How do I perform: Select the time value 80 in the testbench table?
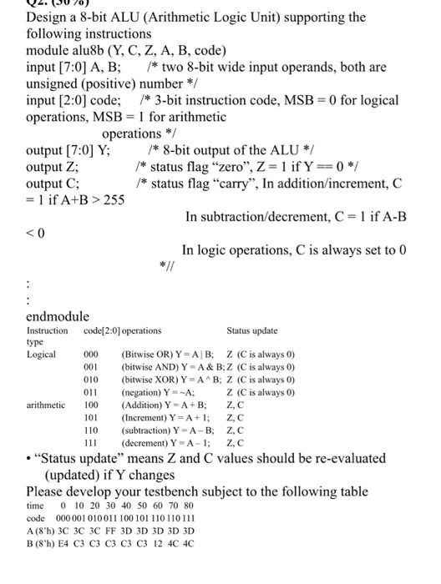189,506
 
